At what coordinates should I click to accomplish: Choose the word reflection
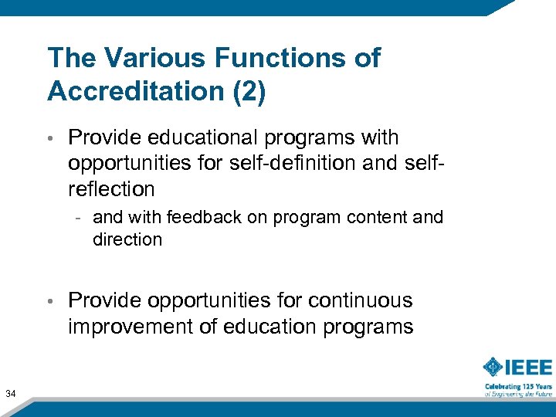tap(111, 189)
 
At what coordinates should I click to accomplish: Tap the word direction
tap(127, 239)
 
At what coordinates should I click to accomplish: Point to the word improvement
tap(131, 327)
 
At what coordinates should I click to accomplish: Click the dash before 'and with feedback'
tap(80, 219)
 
